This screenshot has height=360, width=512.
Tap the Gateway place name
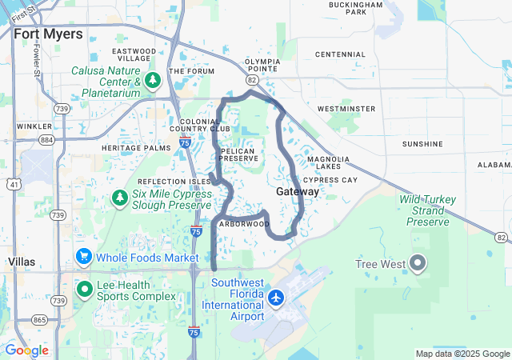298,192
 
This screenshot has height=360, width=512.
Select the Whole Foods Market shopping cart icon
83,257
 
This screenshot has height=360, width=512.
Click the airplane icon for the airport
277,298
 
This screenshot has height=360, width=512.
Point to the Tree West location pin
417,262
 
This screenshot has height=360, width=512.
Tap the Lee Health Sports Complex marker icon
83,289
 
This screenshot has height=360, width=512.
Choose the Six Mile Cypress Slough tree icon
119,197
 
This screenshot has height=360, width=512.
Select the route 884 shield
47,140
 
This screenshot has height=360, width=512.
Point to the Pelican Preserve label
238,154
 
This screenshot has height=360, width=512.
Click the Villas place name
20,262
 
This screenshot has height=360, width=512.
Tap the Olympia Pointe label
262,66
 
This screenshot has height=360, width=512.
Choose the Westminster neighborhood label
346,108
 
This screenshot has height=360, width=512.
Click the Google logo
26,350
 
